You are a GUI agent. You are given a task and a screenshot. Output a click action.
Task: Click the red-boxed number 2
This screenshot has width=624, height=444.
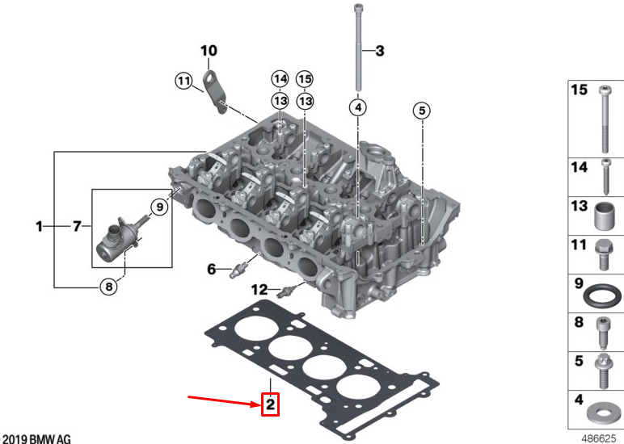(269, 404)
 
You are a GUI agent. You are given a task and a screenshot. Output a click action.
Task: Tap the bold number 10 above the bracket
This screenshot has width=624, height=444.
(209, 52)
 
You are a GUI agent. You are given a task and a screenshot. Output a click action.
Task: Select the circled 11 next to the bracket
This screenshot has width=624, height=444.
(184, 80)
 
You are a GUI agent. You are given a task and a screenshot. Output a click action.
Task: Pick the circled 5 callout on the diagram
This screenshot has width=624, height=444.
(421, 110)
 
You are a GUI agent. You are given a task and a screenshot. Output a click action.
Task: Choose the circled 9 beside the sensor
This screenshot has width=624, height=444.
(159, 207)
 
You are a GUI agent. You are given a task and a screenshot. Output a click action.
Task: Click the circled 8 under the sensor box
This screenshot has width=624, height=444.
(109, 284)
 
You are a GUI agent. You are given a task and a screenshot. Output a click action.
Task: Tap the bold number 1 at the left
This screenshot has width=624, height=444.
(38, 228)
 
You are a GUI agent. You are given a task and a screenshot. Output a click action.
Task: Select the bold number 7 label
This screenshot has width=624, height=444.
(77, 228)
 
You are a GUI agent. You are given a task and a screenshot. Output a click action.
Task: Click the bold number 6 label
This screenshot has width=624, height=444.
(212, 269)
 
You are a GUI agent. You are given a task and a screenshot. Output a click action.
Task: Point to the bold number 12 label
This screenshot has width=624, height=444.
(259, 289)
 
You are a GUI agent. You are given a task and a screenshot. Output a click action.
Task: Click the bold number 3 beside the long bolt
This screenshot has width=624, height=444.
(379, 50)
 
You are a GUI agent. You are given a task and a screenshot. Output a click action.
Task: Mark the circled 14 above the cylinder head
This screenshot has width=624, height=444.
(280, 79)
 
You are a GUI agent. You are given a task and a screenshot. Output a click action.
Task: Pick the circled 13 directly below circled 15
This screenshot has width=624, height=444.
(304, 101)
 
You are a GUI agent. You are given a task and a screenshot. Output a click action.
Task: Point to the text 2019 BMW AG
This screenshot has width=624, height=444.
(36, 438)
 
